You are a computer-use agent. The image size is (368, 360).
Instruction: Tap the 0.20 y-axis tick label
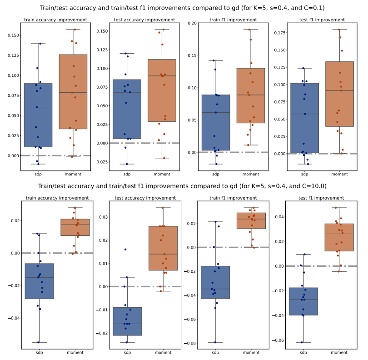(x=192, y=23)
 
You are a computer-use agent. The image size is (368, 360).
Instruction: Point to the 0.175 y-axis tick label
(x=279, y=33)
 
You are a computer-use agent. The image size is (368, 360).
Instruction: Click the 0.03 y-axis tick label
(x=103, y=217)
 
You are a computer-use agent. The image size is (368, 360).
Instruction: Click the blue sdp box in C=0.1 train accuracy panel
(x=38, y=115)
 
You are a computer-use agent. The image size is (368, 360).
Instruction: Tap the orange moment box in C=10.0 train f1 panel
(x=251, y=221)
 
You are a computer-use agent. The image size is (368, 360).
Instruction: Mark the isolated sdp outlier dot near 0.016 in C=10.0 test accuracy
(x=125, y=249)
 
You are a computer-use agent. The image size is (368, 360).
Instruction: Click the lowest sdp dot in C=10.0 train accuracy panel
(x=38, y=342)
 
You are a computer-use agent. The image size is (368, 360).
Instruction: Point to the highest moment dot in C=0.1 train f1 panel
(x=250, y=30)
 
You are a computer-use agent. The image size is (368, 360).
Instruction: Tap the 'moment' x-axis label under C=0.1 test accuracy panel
(x=162, y=174)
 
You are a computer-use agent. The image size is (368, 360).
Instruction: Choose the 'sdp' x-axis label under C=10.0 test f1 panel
(x=303, y=353)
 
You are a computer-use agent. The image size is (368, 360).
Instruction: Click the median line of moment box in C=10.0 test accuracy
(x=162, y=254)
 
